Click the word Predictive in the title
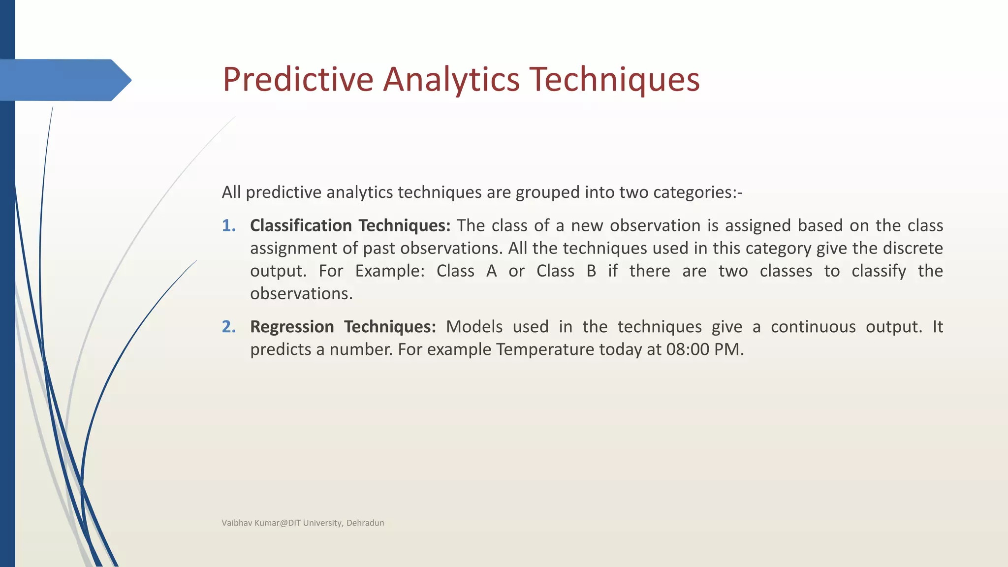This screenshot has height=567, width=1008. click(x=298, y=79)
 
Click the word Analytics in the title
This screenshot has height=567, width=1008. click(x=451, y=79)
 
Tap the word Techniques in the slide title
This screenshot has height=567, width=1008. click(x=614, y=79)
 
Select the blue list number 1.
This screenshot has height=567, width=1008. click(x=228, y=225)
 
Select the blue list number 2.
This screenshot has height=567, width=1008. click(x=228, y=327)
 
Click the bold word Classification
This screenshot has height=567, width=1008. click(x=301, y=225)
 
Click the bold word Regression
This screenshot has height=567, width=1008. click(x=292, y=327)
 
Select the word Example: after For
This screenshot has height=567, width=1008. click(x=389, y=271)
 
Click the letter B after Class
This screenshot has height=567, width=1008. click(x=591, y=271)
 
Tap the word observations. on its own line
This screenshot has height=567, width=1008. click(x=301, y=293)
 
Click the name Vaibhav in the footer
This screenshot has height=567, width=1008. click(x=236, y=523)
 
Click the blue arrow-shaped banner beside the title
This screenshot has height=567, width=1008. click(x=64, y=80)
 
